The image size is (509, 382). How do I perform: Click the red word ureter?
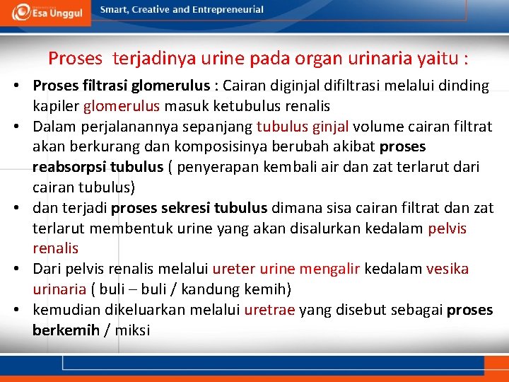point(234,270)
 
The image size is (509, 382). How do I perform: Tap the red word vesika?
point(447,270)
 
